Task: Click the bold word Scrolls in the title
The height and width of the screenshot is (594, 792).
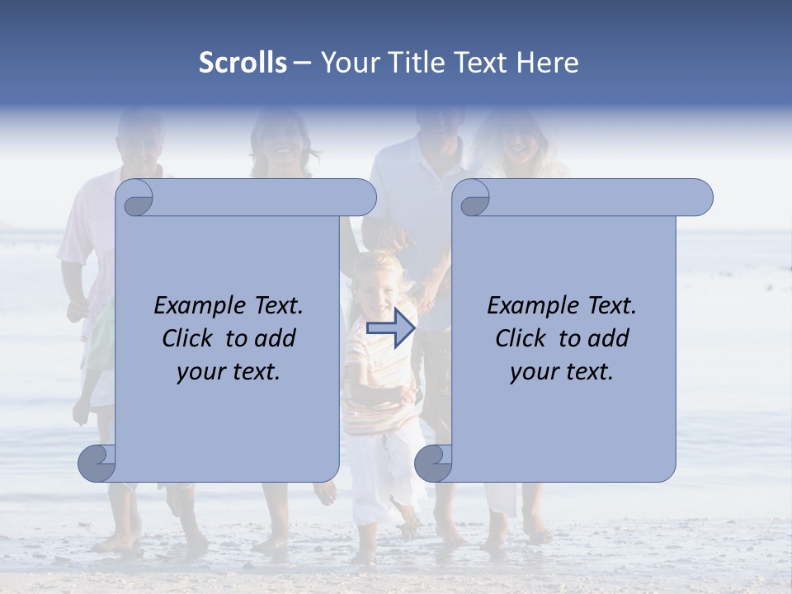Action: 243,63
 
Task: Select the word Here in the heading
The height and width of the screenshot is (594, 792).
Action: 547,63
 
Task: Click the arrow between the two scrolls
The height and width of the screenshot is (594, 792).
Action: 390,328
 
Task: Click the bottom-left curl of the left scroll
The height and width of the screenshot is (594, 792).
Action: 97,463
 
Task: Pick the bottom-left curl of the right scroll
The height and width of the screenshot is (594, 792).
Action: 433,463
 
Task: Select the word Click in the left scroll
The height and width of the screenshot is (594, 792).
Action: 189,338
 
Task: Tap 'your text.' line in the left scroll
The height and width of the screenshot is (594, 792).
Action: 229,371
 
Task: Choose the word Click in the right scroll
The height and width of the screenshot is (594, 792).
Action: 522,338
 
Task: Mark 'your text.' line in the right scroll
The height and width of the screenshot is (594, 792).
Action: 562,371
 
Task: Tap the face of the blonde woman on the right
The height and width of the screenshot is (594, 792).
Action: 517,140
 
